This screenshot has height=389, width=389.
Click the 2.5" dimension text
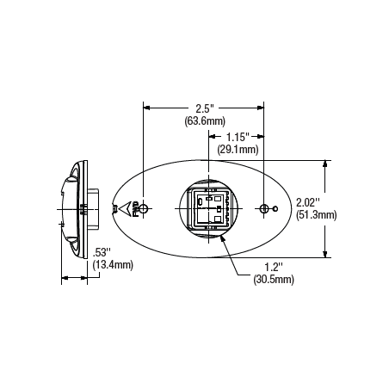204,108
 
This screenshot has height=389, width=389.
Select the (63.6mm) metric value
204,121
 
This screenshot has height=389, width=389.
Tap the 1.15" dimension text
238,137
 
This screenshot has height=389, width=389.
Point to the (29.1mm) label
238,149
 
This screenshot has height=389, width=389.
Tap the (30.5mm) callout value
273,280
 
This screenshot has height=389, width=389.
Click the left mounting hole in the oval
145,208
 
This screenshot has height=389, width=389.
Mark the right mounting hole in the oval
264,208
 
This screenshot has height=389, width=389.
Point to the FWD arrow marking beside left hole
128,208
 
